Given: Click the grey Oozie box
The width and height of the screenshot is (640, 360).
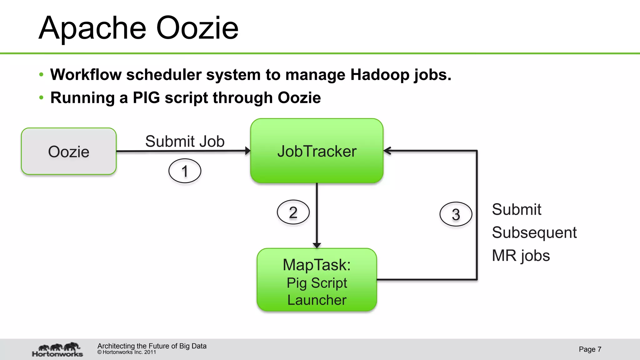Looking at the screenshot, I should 69,151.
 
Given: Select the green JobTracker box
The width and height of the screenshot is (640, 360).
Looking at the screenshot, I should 317,151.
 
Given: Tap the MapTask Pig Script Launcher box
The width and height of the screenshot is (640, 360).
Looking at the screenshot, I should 317,280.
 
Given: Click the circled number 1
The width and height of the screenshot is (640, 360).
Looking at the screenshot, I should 185,171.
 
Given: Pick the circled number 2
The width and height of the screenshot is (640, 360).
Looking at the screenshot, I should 293,212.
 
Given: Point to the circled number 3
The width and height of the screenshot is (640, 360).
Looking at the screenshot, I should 456,214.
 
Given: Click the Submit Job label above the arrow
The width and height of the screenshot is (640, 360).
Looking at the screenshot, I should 185,141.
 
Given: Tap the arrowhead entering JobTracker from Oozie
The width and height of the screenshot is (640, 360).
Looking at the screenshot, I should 248,151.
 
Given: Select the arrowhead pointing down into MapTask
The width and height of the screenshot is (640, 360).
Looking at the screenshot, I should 317,245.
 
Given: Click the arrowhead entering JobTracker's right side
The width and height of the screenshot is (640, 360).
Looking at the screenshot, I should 387,151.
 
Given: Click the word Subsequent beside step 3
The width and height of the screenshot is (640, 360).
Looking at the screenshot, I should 534,232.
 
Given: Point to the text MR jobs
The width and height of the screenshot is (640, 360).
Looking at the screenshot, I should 521,256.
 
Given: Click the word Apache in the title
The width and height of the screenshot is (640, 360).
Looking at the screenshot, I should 92,29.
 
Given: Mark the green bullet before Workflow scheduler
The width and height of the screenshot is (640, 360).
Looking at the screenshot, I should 41,75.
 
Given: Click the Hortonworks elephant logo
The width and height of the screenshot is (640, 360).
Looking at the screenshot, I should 58,349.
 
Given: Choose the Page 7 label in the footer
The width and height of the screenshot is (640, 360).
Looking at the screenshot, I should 590,349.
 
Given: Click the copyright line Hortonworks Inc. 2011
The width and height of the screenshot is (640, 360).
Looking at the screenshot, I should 127,352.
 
